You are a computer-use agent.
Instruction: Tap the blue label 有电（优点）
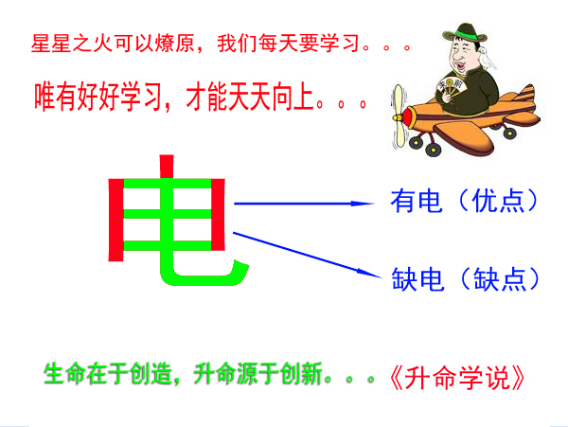[x=465, y=201]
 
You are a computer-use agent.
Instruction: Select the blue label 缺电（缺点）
[x=466, y=279]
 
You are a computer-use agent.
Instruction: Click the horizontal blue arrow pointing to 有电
[x=304, y=204]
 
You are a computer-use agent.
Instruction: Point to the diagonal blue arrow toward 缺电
[x=307, y=255]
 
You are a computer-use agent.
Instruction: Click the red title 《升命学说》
[x=457, y=378]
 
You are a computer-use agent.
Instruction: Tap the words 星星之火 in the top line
[x=72, y=44]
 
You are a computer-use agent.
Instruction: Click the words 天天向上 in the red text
[x=271, y=97]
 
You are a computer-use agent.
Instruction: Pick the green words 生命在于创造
[x=108, y=373]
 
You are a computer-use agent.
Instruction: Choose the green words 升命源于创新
[x=257, y=373]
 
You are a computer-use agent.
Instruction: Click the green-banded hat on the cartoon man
[x=465, y=33]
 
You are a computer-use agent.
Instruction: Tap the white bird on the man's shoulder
[x=488, y=58]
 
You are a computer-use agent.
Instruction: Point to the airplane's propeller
[x=398, y=116]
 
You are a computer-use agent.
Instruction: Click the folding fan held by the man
[x=451, y=87]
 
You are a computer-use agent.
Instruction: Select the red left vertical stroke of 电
[x=116, y=220]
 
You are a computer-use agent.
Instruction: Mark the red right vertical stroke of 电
[x=218, y=214]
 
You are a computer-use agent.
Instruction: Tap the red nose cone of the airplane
[x=407, y=117]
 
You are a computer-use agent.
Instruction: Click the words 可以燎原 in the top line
[x=154, y=44]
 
